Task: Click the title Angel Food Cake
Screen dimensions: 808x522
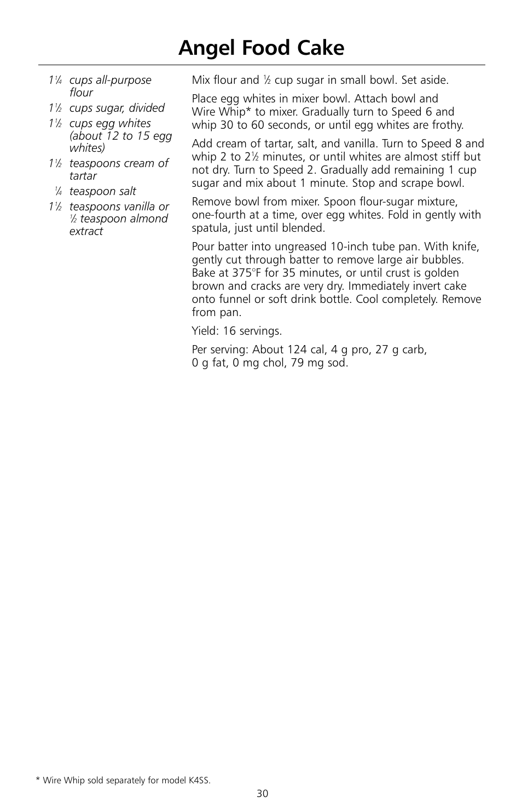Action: click(261, 48)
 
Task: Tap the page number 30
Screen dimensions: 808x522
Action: click(262, 793)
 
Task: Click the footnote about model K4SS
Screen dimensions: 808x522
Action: click(123, 780)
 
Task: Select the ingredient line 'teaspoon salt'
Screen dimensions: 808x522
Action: click(102, 191)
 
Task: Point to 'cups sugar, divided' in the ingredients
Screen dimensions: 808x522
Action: click(117, 108)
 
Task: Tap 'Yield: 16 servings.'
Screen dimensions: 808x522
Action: click(236, 331)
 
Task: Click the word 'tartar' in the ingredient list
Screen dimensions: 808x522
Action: click(83, 176)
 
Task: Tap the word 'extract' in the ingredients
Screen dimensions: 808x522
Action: click(86, 231)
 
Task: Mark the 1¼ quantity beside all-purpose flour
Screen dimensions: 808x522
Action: click(55, 81)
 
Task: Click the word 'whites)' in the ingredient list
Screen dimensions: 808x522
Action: click(87, 148)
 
